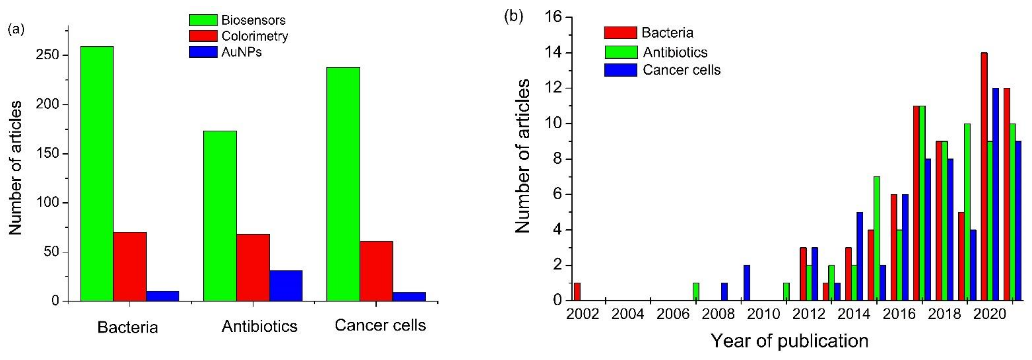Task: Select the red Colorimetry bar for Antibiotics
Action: pyautogui.click(x=253, y=267)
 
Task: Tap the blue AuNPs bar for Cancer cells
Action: pyautogui.click(x=409, y=296)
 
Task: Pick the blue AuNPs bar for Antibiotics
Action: pyautogui.click(x=286, y=285)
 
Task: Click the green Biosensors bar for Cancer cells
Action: pyautogui.click(x=343, y=184)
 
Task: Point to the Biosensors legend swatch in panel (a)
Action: pyautogui.click(x=203, y=20)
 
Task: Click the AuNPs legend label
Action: pyautogui.click(x=241, y=52)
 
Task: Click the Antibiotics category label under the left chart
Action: pyautogui.click(x=259, y=326)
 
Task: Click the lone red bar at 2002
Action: pyautogui.click(x=577, y=292)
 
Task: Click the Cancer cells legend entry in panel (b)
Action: pyautogui.click(x=681, y=70)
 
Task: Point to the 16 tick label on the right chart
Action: pyautogui.click(x=553, y=17)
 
